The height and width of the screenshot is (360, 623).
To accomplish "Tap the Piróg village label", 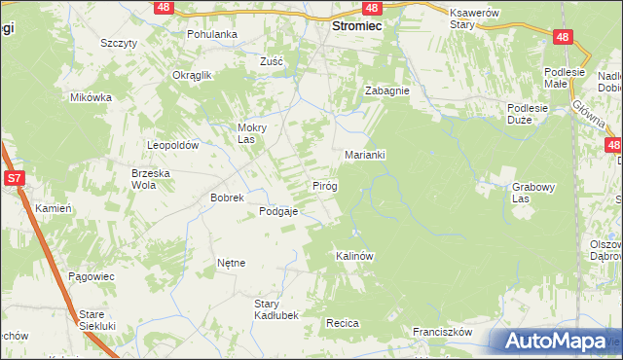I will click(324, 185).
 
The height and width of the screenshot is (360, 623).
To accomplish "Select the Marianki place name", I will click(367, 155).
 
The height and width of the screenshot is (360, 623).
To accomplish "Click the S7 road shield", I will click(14, 178).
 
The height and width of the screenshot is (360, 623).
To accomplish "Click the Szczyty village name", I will click(118, 44).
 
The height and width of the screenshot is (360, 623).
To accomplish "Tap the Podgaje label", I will click(277, 211).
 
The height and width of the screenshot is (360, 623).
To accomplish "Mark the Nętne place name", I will click(232, 263).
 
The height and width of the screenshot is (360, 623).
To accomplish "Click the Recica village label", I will click(344, 322).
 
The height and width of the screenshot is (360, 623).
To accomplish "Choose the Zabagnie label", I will click(386, 90).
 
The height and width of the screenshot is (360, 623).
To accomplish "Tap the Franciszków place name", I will click(442, 332).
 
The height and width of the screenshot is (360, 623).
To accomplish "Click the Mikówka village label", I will click(92, 97).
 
